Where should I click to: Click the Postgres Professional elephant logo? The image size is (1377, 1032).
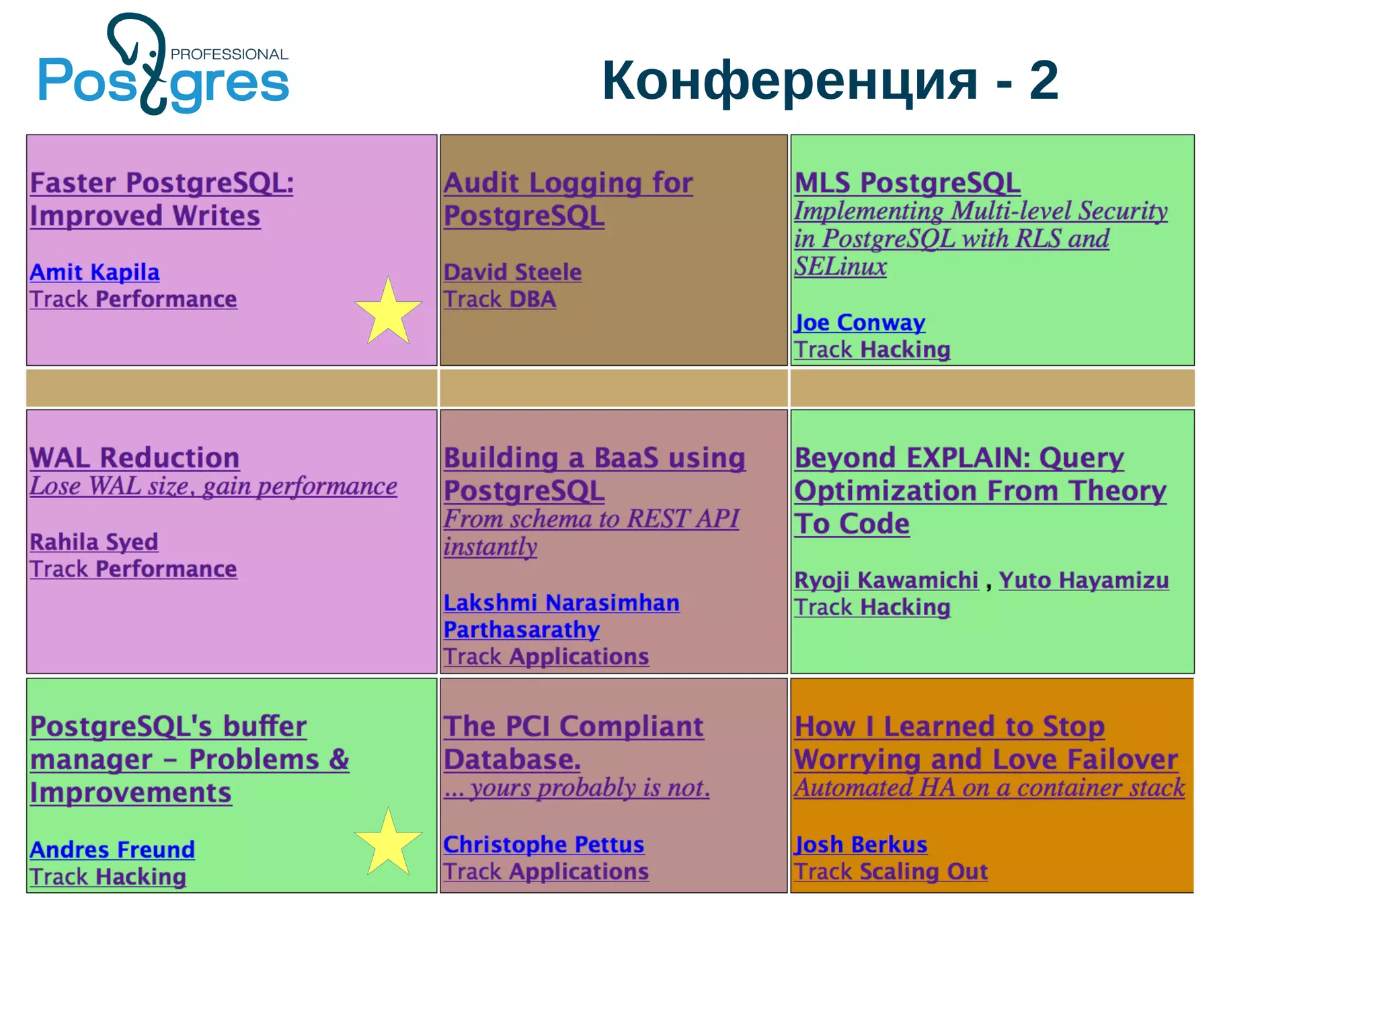point(161,67)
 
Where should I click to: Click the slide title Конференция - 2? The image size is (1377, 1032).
point(830,81)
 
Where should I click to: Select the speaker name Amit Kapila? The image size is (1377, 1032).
point(95,272)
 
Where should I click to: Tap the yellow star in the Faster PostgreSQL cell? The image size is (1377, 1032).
point(388,312)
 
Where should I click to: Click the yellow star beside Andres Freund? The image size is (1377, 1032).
point(388,843)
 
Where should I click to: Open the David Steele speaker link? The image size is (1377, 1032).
point(512,272)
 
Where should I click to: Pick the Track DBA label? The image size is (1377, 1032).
point(500,299)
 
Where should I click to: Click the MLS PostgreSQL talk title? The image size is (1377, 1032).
point(907,183)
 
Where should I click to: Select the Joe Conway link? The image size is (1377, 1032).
point(859,323)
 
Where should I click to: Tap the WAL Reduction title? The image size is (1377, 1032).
point(134,458)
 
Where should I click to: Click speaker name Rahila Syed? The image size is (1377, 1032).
point(94,542)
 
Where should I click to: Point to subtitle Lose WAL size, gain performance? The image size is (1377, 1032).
point(213,486)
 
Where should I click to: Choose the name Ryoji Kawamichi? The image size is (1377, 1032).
point(886,580)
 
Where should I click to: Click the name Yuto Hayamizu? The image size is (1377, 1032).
point(1083,580)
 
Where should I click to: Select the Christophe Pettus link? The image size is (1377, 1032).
point(543,844)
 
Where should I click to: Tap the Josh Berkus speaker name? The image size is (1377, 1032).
point(861,844)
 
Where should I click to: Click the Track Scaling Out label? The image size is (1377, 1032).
point(891,871)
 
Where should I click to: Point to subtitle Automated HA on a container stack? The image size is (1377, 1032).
point(989,788)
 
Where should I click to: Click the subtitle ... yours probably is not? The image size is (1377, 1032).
point(576,788)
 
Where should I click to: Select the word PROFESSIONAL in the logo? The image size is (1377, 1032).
point(229,54)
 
